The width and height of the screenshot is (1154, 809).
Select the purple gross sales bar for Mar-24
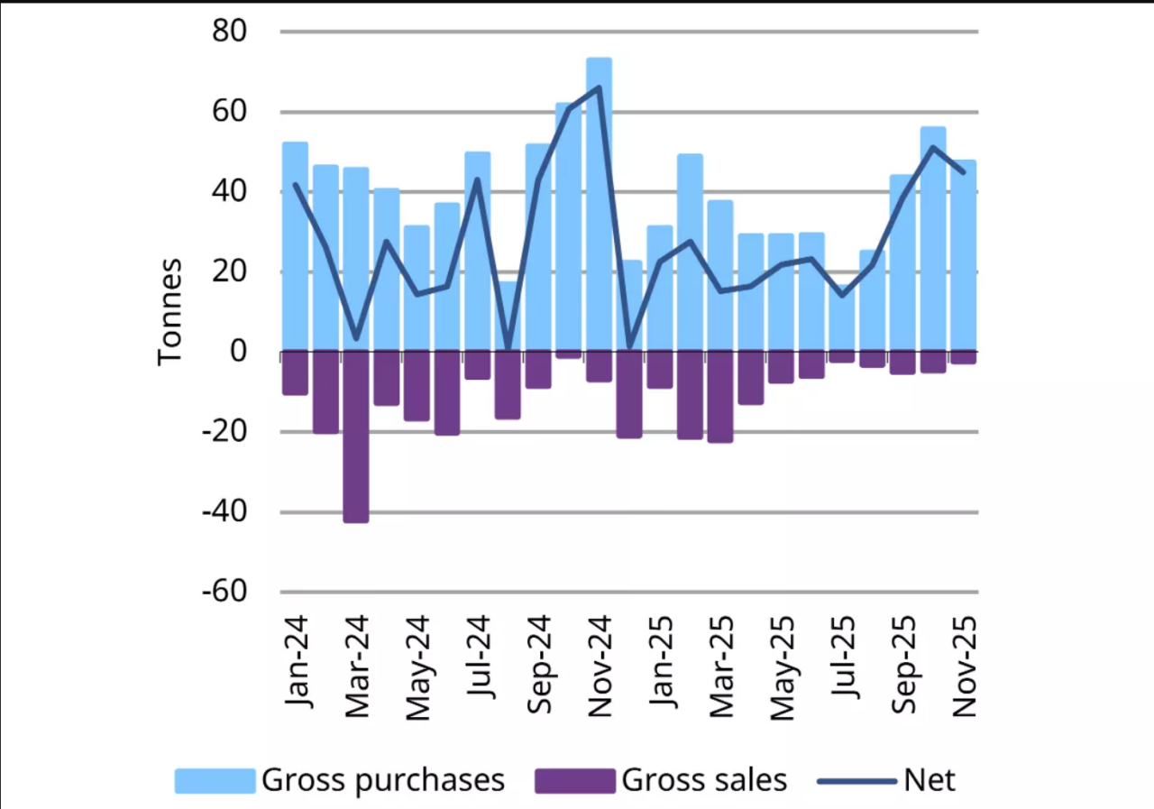[x=356, y=437]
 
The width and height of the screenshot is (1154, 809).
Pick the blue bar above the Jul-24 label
[x=478, y=252]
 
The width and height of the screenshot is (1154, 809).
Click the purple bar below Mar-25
[x=720, y=397]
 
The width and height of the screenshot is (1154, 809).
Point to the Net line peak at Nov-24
[x=600, y=87]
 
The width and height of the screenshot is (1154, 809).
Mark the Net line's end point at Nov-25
[x=964, y=172]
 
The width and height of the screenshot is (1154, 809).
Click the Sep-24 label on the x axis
[x=538, y=666]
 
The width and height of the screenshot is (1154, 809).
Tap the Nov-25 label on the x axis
[x=964, y=666]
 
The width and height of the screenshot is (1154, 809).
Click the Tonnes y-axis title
[x=170, y=311]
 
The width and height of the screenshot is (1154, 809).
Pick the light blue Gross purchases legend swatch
[x=215, y=780]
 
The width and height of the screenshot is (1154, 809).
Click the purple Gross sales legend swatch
[x=574, y=780]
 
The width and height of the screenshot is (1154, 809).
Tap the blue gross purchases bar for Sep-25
[x=902, y=262]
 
